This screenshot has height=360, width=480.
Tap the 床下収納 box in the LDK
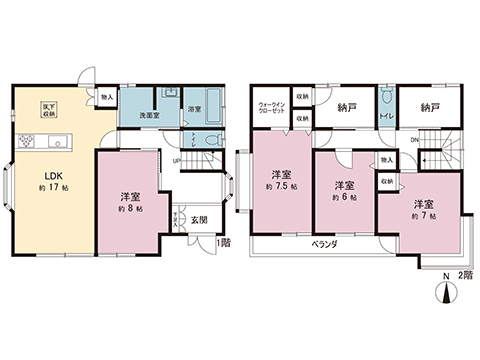click(47, 108)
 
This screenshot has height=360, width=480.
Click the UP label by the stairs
click(176, 162)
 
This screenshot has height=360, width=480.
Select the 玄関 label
click(198, 220)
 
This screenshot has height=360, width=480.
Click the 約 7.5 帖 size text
click(280, 187)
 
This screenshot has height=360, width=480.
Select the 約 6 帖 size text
click(345, 198)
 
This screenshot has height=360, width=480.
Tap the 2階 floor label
click(465, 274)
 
